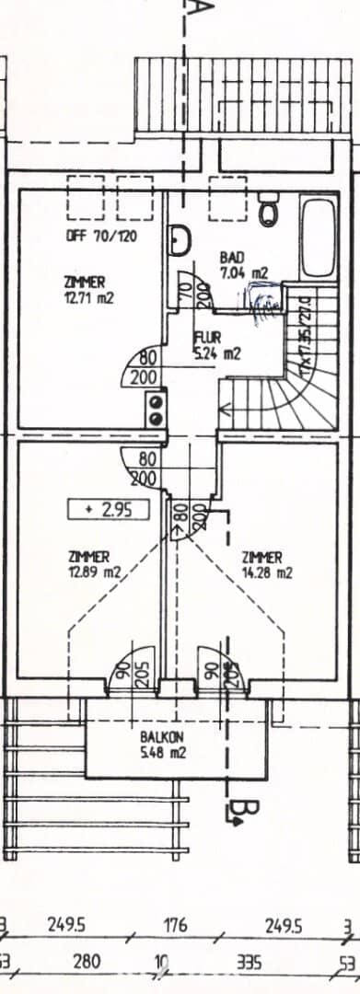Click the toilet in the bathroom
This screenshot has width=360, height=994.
pos(270,211)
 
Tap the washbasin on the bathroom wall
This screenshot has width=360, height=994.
pos(179,241)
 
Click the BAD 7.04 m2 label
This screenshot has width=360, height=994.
pos(243,264)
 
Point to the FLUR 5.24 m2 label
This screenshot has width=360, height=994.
pos(216,344)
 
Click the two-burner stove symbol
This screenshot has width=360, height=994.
pos(157,408)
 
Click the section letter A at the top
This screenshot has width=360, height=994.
pos(202,11)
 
